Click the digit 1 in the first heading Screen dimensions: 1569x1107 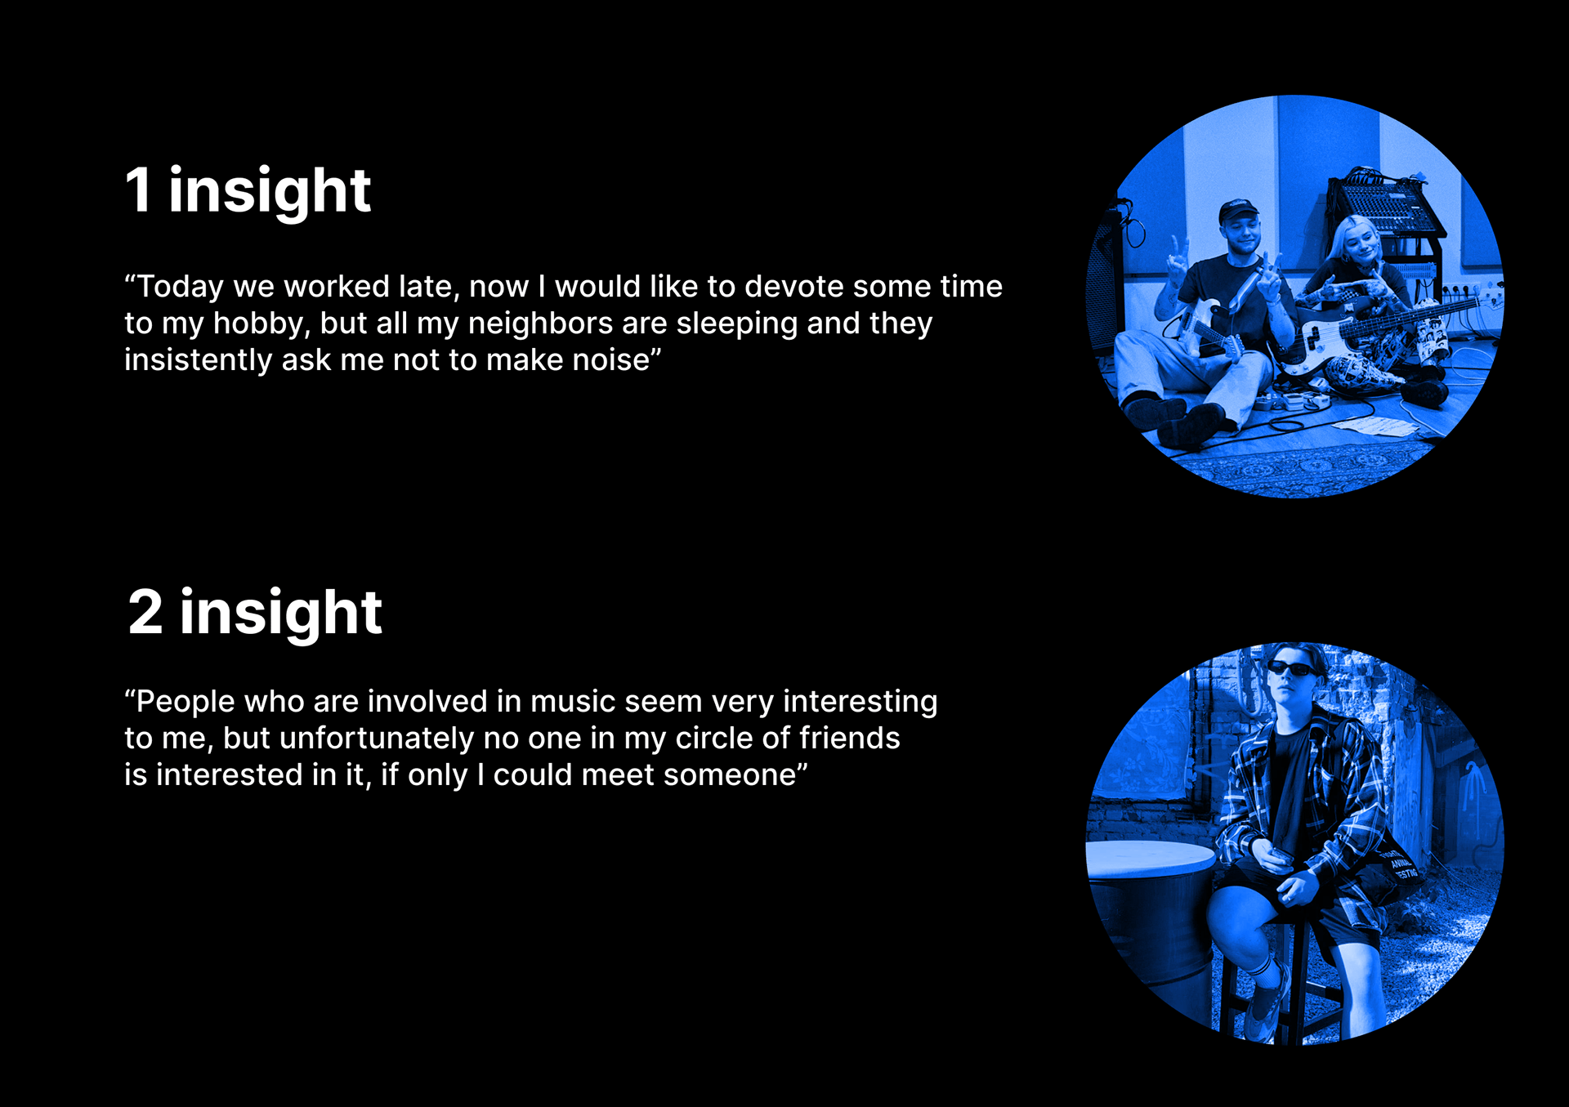coord(139,190)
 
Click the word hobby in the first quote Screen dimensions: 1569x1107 coord(261,324)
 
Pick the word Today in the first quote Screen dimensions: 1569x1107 coord(180,288)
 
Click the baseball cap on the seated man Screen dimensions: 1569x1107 coord(1238,212)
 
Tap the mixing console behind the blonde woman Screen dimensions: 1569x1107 coord(1383,206)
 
